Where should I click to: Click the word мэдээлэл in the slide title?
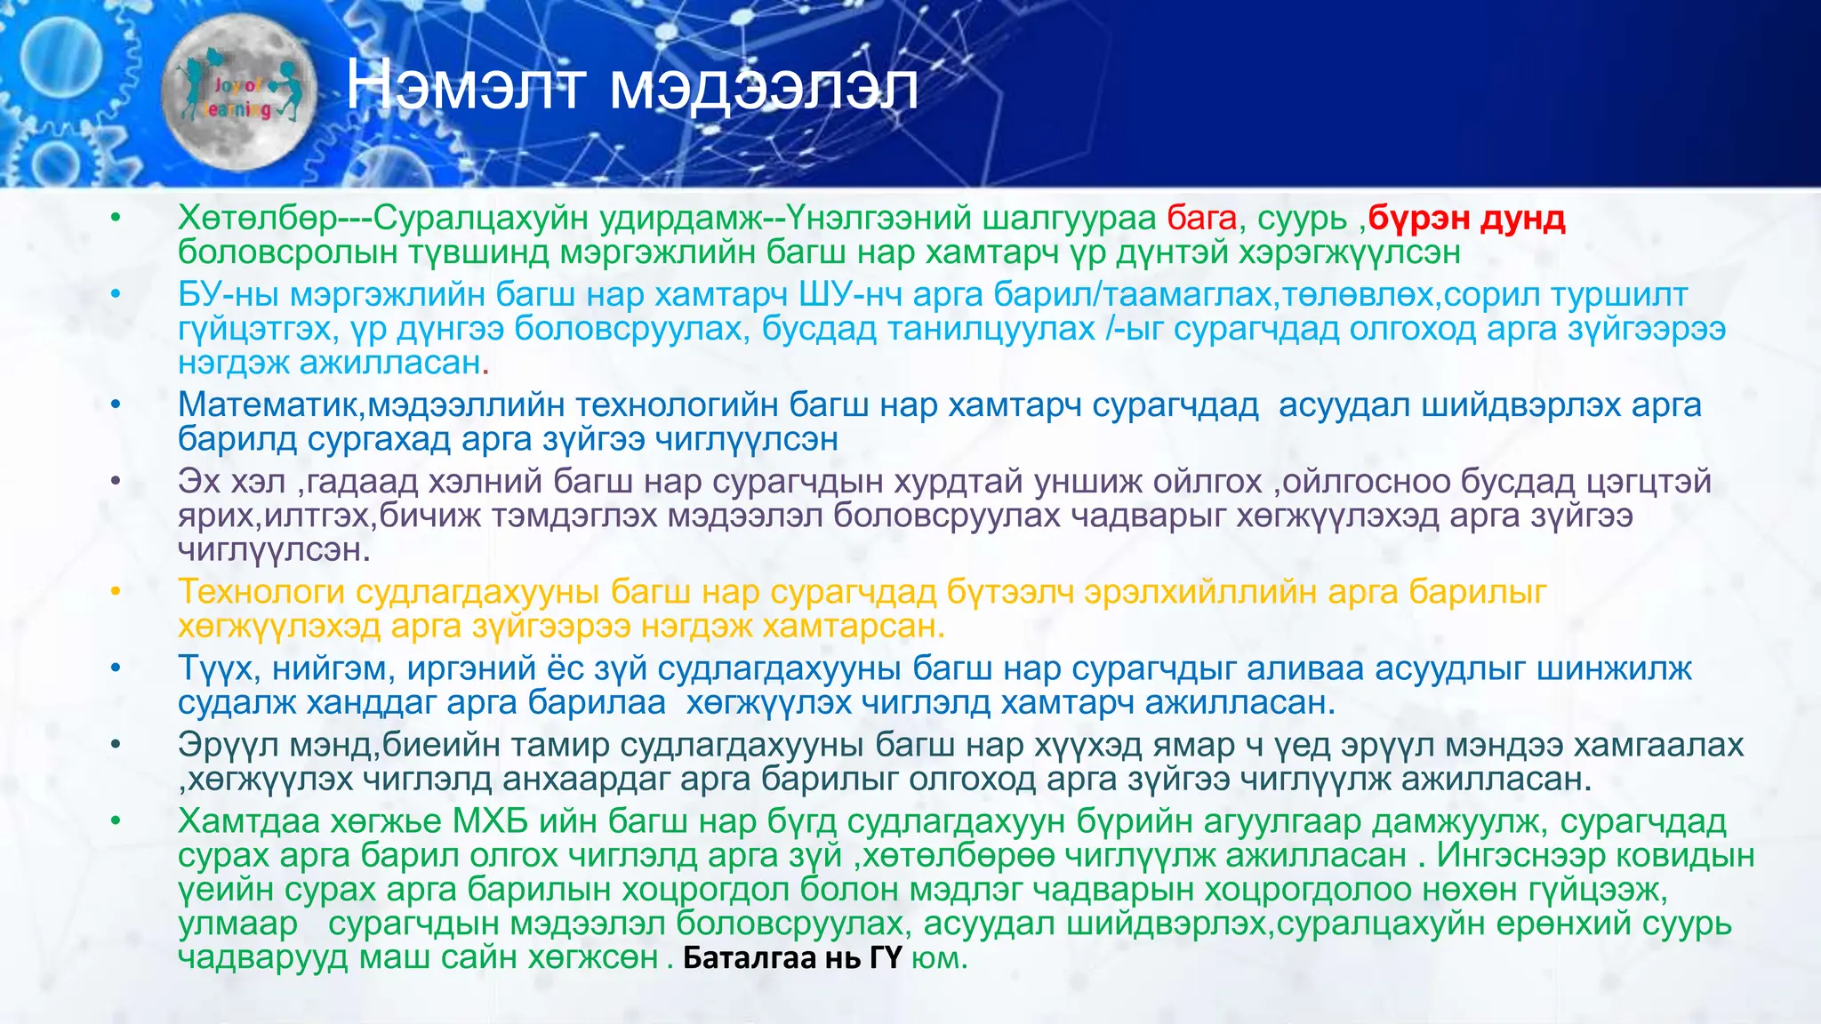click(764, 86)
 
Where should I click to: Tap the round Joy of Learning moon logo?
click(239, 96)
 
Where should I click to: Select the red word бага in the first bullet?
click(1201, 218)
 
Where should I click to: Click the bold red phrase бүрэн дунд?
click(1466, 218)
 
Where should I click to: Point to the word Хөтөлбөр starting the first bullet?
click(257, 218)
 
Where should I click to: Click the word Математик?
click(271, 405)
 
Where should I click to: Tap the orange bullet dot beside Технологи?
click(115, 592)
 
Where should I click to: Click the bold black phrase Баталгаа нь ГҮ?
click(792, 958)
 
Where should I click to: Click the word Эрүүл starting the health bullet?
click(228, 745)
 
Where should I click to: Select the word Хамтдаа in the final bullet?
click(249, 821)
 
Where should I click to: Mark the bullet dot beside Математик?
click(115, 405)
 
